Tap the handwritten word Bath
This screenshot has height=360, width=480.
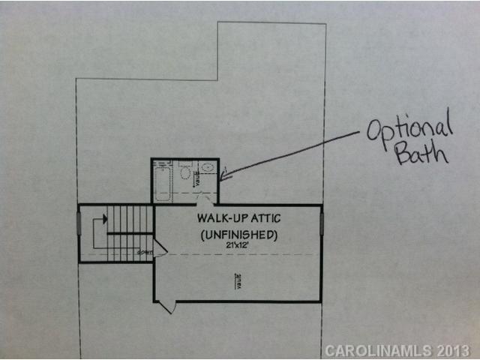click(x=421, y=154)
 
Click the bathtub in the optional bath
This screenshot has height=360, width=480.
click(x=163, y=181)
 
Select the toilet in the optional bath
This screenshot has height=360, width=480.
click(x=185, y=173)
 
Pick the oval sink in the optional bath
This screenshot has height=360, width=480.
click(x=208, y=168)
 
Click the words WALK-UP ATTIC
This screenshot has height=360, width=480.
click(x=238, y=219)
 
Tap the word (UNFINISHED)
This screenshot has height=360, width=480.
click(x=238, y=235)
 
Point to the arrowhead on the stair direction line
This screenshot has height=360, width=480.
click(x=104, y=219)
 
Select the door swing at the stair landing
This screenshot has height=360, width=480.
click(x=160, y=250)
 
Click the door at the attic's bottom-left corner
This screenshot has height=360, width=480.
click(x=166, y=307)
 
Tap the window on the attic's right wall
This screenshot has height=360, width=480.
click(x=322, y=223)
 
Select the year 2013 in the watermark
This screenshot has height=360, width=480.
click(x=454, y=350)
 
